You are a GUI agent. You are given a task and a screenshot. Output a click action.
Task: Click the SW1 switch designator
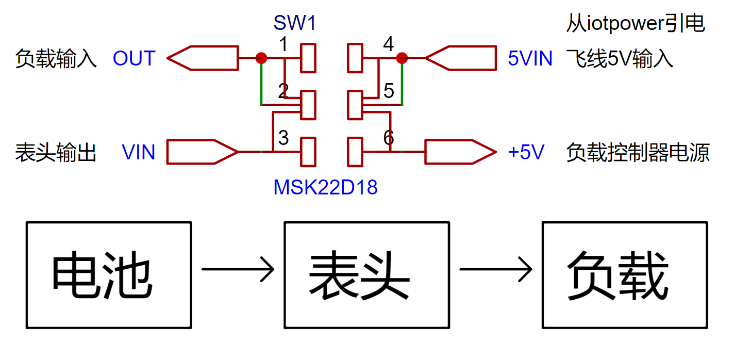pyautogui.click(x=294, y=23)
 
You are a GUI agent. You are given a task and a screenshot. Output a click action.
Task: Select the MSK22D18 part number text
pyautogui.click(x=325, y=187)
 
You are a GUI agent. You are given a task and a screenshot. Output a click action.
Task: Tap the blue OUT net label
pyautogui.click(x=134, y=58)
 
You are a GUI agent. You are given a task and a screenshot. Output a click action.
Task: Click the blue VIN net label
pyautogui.click(x=138, y=152)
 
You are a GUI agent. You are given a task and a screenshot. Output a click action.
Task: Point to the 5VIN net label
pyautogui.click(x=530, y=58)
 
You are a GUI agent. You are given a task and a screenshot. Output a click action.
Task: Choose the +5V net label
pyautogui.click(x=526, y=152)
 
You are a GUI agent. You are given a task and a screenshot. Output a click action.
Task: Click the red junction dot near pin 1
pyautogui.click(x=261, y=58)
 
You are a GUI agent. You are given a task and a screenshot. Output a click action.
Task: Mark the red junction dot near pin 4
pyautogui.click(x=402, y=58)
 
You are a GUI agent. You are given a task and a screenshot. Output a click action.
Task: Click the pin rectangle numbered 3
pyautogui.click(x=308, y=152)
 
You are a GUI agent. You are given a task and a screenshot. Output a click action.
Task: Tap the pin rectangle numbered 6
pyautogui.click(x=355, y=152)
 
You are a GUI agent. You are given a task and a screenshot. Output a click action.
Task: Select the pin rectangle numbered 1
pyautogui.click(x=308, y=58)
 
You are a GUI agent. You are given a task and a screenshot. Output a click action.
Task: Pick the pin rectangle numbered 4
pyautogui.click(x=355, y=58)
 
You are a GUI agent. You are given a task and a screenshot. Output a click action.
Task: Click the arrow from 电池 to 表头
pyautogui.click(x=238, y=269)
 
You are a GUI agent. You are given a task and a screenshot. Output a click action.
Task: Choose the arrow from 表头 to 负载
pyautogui.click(x=496, y=269)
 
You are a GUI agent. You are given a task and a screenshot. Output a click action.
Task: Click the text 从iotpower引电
pyautogui.click(x=636, y=23)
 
